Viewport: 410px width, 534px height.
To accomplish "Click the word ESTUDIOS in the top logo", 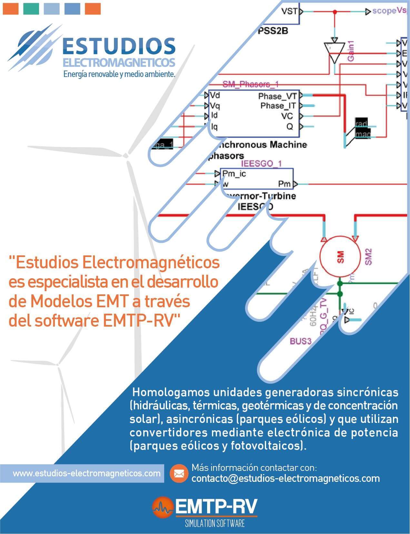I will tap(119, 45).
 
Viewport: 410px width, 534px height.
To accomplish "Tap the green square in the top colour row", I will tap(31, 9).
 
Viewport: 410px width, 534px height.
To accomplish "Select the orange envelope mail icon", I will tap(179, 473).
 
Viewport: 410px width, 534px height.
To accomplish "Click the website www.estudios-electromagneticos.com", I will tap(86, 473).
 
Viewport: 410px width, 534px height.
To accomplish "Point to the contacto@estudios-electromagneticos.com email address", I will tap(285, 478).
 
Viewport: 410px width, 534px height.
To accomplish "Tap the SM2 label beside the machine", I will tap(368, 257).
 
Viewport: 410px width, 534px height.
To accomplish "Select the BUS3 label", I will tap(301, 341).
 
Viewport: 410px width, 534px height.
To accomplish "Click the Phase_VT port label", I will tap(277, 96).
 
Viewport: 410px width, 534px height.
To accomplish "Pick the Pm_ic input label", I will tap(234, 174).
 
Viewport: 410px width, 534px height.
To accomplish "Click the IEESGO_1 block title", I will tap(261, 164).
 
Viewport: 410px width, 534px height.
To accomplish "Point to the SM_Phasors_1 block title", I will tap(251, 84).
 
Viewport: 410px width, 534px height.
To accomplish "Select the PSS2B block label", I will tap(273, 31).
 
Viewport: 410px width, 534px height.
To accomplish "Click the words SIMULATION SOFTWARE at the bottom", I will tap(215, 523).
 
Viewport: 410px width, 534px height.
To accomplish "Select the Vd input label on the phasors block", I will tap(215, 95).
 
